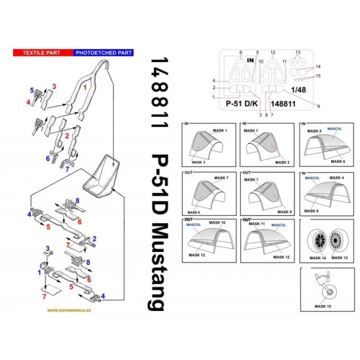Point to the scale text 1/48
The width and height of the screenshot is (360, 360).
[298, 89]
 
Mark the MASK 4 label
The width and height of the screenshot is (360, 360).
[337, 177]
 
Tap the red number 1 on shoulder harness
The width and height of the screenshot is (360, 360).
[84, 86]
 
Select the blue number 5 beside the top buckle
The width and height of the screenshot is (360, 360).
[31, 88]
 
